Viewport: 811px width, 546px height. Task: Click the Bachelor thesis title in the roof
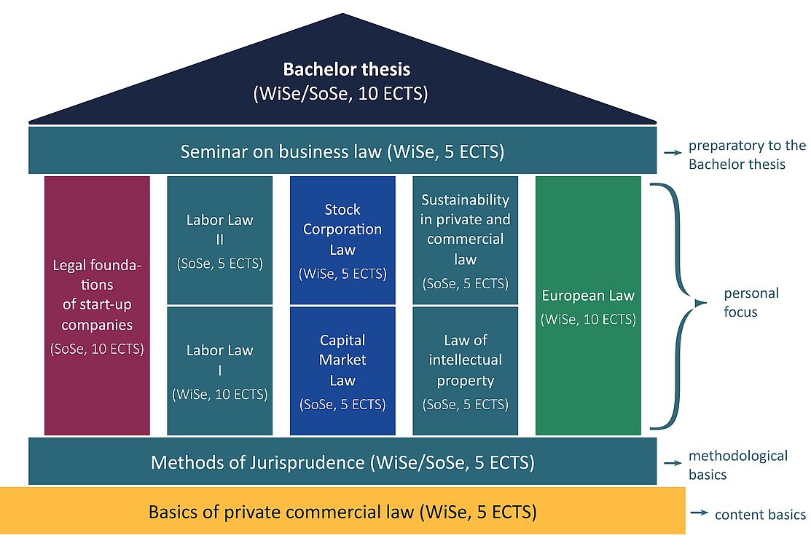[346, 70]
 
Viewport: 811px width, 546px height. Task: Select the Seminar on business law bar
[342, 151]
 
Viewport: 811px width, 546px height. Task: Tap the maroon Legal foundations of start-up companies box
[97, 306]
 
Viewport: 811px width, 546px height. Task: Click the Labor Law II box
[219, 240]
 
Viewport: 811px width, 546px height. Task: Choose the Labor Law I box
[219, 371]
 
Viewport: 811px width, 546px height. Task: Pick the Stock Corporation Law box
[342, 240]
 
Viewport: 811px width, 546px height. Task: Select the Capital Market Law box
[342, 371]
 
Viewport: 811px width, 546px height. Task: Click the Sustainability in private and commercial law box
[465, 240]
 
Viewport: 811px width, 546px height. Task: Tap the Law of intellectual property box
[465, 371]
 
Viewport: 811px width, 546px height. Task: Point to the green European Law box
[588, 306]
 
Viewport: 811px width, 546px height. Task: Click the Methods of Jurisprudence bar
[342, 462]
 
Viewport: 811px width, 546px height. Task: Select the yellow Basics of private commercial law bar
[342, 511]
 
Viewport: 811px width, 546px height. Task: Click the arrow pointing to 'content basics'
[700, 513]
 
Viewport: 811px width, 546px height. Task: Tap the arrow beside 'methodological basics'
[671, 462]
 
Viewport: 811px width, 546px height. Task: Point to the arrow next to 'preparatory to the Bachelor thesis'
[671, 152]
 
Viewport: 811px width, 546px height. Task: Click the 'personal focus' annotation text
[751, 302]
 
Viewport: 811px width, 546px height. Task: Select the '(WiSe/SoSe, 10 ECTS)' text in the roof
[346, 94]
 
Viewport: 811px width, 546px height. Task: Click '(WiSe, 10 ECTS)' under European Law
[588, 319]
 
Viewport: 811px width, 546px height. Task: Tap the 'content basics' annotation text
[760, 515]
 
